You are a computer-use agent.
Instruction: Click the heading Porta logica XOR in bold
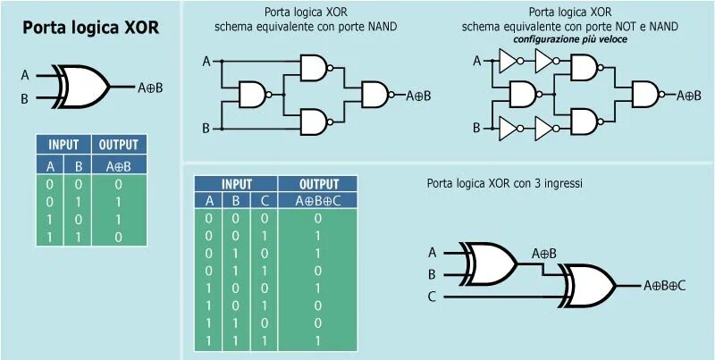click(x=90, y=28)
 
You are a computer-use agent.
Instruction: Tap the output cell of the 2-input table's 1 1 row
click(x=119, y=238)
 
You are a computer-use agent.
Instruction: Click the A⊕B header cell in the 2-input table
click(x=119, y=165)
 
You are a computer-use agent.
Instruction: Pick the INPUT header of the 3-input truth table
click(x=236, y=182)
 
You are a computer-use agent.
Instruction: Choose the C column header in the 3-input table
click(x=263, y=200)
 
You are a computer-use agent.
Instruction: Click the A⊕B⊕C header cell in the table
click(x=319, y=200)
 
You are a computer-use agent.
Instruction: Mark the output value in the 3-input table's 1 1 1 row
click(x=318, y=342)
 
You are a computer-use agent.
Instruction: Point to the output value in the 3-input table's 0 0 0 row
click(x=318, y=217)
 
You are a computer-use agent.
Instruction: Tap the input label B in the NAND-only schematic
click(x=206, y=129)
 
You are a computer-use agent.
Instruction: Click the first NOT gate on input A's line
click(x=509, y=61)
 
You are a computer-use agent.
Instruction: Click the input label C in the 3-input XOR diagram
click(x=432, y=297)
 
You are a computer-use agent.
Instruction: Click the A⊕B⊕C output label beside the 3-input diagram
click(x=665, y=286)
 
